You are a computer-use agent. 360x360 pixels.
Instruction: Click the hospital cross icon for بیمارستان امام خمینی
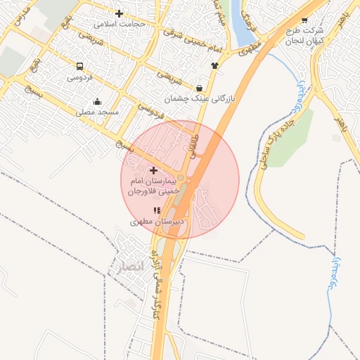coord(154,170)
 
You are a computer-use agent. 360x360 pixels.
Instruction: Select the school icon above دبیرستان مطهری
coord(157,210)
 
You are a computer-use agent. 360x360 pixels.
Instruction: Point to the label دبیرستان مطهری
coord(157,221)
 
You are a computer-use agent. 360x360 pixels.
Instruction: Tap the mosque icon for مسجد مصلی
coord(97,101)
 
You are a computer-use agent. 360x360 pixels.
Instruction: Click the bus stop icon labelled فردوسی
coord(79,67)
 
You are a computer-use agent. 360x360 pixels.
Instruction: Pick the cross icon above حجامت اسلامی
coord(119,13)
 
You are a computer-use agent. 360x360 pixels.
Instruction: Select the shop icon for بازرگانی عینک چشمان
coord(200,89)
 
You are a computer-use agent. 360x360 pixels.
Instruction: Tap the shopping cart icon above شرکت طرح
coord(304,20)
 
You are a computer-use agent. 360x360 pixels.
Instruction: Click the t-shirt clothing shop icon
coord(214,65)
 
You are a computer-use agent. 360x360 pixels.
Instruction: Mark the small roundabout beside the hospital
coord(181,178)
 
